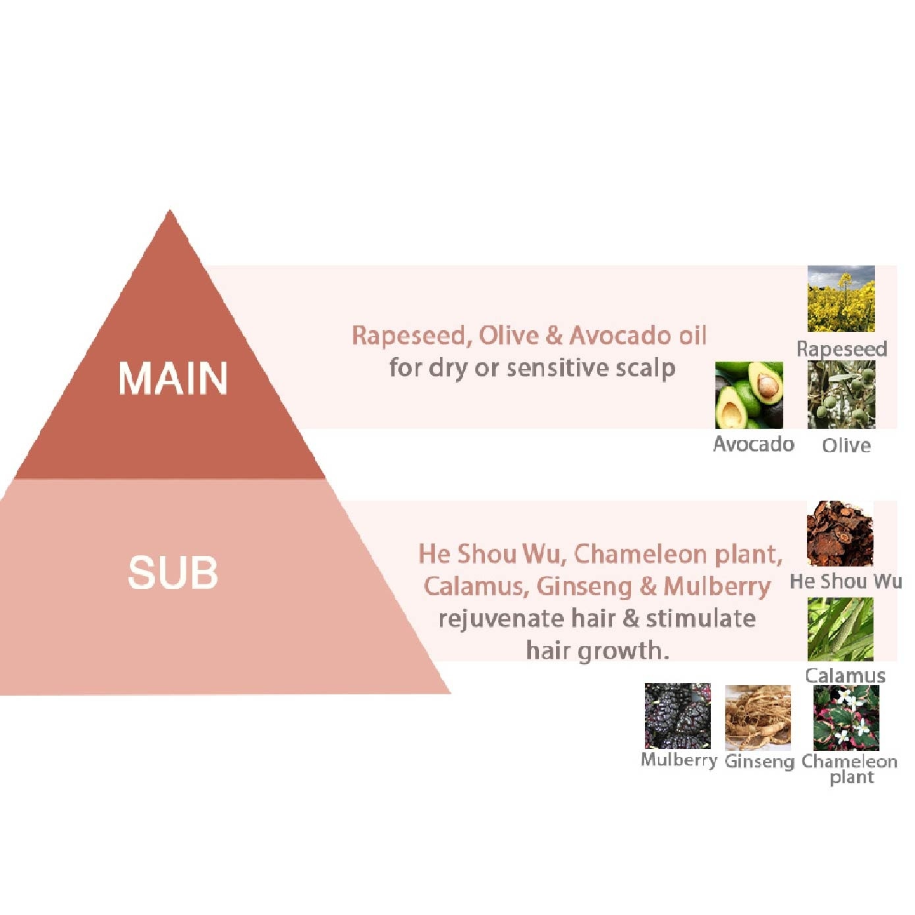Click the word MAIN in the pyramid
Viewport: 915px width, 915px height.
[x=173, y=378]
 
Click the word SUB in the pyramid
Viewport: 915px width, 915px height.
[x=173, y=572]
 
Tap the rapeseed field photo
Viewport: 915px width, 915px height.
[x=841, y=299]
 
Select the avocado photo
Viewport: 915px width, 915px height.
[x=749, y=395]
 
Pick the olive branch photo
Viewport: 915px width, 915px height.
[x=841, y=395]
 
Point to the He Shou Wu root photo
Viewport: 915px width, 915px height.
[x=840, y=534]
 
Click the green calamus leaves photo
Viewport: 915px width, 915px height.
[x=840, y=629]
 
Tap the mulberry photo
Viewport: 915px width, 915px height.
[x=677, y=716]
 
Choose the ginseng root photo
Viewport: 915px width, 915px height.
[x=758, y=717]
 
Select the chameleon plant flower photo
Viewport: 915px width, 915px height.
[x=846, y=717]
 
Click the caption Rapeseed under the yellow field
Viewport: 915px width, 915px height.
[x=841, y=348]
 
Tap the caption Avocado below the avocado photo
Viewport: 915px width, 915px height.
[x=754, y=445]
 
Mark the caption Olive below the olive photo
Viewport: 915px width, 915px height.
[x=846, y=446]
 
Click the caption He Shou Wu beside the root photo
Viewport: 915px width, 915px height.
[x=846, y=581]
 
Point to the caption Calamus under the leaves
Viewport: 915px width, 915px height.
[x=845, y=675]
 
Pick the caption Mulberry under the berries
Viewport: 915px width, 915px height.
[x=679, y=760]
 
